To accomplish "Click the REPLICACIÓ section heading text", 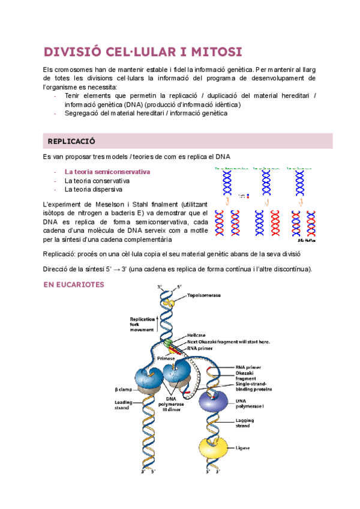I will (x=71, y=141).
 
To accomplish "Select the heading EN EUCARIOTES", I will (x=74, y=285).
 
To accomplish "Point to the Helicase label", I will (x=197, y=335).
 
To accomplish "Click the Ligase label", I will (x=244, y=448).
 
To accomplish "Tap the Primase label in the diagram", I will (x=166, y=359).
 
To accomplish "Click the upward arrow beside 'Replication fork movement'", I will (x=158, y=325).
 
